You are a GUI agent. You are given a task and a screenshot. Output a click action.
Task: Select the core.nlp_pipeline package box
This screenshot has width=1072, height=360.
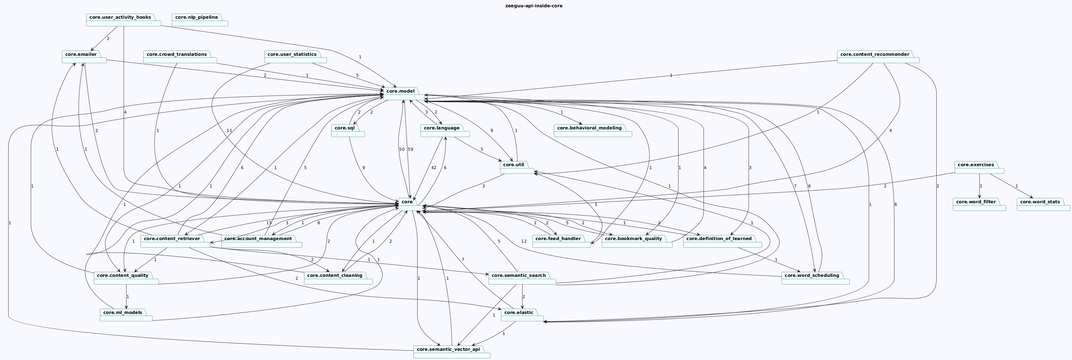tap(200, 20)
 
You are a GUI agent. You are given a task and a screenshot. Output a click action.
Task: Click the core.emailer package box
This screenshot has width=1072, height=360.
tap(84, 57)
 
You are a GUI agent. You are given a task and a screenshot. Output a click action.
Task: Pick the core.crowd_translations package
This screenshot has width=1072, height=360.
tap(180, 57)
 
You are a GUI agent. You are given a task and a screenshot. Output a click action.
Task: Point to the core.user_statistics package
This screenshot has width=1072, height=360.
tap(295, 57)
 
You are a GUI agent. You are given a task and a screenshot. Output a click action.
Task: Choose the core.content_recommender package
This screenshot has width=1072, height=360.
tap(878, 57)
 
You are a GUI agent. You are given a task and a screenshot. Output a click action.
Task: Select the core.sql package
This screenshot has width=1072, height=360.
tap(348, 131)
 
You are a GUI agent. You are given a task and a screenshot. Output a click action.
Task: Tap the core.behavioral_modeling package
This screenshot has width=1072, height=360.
tap(593, 131)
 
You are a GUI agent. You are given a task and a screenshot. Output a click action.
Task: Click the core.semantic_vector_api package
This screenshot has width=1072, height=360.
tap(452, 352)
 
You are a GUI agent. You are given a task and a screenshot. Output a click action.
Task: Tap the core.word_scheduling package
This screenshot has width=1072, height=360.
tap(815, 278)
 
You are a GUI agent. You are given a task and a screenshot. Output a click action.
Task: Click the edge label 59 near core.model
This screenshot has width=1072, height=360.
tap(410, 149)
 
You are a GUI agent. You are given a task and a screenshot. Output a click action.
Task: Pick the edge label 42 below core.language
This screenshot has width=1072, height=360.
tap(434, 168)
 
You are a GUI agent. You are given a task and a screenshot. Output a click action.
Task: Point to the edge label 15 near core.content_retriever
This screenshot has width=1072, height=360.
tap(269, 223)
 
